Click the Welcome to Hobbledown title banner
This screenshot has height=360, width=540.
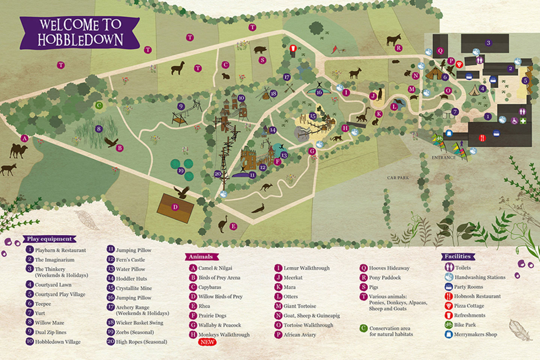80,33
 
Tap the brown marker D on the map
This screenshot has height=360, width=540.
175,207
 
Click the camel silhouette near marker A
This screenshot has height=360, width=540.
18,150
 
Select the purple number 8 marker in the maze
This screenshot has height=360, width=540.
99,129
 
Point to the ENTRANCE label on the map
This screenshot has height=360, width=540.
443,157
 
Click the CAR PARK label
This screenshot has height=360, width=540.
398,178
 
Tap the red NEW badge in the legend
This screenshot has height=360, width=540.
207,342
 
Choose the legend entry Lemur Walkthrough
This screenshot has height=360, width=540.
306,268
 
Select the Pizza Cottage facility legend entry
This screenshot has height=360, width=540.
469,306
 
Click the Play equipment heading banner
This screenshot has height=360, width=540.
49,239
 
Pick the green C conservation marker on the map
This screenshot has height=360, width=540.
99,105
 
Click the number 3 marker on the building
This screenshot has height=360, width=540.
488,43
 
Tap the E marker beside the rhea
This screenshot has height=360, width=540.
233,226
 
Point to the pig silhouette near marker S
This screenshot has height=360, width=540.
260,50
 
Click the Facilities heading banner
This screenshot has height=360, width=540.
457,256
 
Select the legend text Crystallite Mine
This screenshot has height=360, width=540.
133,288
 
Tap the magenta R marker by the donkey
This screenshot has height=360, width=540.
399,48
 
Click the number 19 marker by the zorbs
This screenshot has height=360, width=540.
181,171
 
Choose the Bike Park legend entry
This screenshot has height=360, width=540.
465,325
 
